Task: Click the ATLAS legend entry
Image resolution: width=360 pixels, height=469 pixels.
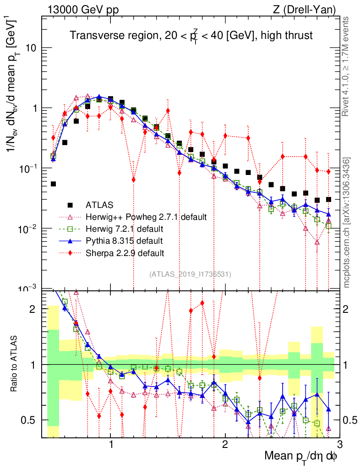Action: click(x=100, y=204)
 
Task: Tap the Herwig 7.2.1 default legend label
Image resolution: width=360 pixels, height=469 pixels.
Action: click(x=125, y=229)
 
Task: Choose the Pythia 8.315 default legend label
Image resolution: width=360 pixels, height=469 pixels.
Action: click(x=124, y=240)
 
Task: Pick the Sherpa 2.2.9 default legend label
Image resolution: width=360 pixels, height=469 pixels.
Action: click(x=125, y=252)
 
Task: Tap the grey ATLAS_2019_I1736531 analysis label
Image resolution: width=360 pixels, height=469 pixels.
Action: click(x=190, y=274)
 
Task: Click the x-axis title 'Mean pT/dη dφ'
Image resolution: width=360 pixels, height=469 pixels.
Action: click(x=301, y=456)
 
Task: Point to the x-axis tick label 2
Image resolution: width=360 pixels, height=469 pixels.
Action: click(x=225, y=445)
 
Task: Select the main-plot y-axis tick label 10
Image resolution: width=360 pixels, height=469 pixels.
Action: click(x=30, y=48)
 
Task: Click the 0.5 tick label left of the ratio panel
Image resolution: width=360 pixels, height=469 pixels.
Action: click(x=30, y=420)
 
